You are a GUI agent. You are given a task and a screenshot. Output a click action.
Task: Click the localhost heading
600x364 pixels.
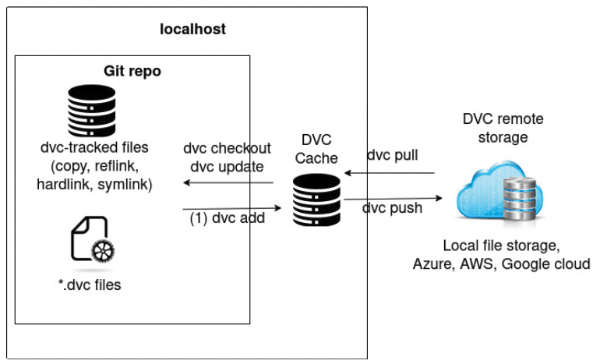coord(192,30)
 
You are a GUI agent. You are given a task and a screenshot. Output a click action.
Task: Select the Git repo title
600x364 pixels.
coord(132,71)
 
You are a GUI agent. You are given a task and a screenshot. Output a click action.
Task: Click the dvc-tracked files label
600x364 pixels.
coord(94,147)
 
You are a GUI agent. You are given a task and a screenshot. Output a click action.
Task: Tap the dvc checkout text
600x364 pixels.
coord(228,148)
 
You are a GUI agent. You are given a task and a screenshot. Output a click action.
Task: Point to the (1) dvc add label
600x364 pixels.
coord(228,218)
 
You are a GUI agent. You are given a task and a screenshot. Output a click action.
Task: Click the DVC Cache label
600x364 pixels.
coord(316,149)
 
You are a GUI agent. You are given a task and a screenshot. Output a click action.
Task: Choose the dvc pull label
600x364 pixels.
coord(393,155)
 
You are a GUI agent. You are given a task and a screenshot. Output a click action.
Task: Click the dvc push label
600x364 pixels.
coord(393,208)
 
